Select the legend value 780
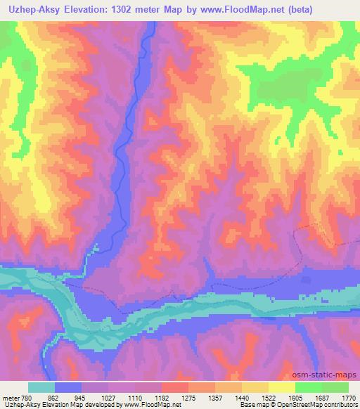(28, 397)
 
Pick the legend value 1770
(350, 397)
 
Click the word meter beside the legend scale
(11, 397)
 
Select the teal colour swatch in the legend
(41, 387)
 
